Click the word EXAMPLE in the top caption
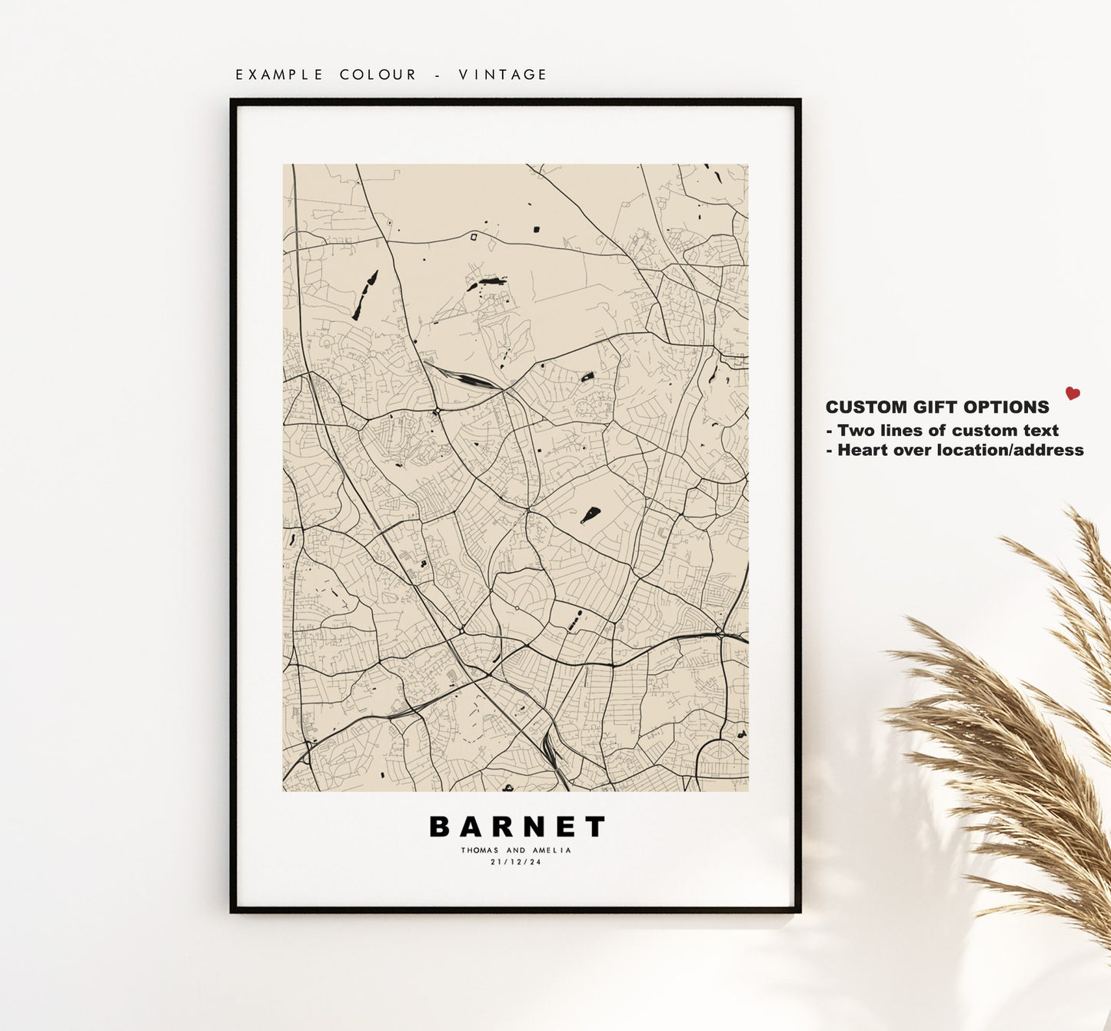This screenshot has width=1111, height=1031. pyautogui.click(x=280, y=75)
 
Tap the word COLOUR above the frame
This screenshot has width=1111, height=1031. pyautogui.click(x=378, y=75)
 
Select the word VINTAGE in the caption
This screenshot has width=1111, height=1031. pyautogui.click(x=503, y=75)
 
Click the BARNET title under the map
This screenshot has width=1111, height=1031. pyautogui.click(x=517, y=827)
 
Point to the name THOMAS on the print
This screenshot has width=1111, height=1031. pyautogui.click(x=480, y=850)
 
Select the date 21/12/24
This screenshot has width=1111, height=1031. pyautogui.click(x=516, y=863)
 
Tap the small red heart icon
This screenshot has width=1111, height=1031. pyautogui.click(x=1073, y=394)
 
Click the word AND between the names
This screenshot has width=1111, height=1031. pyautogui.click(x=516, y=850)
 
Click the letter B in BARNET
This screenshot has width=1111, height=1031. pyautogui.click(x=439, y=827)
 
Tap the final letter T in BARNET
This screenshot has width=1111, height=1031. pyautogui.click(x=596, y=827)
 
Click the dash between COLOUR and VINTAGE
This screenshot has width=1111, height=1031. pyautogui.click(x=437, y=75)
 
